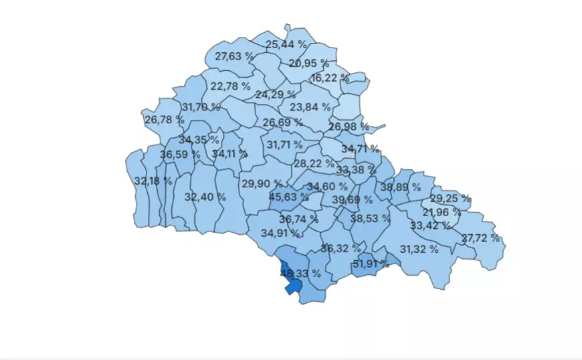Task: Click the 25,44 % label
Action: (x=286, y=45)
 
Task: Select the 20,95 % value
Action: (x=309, y=64)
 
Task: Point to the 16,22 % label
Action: (x=330, y=78)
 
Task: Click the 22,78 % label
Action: (x=230, y=86)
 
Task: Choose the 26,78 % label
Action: (x=164, y=120)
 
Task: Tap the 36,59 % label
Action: (x=180, y=155)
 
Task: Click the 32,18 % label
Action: (x=153, y=181)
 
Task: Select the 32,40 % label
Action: (x=205, y=197)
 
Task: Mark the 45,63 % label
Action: (x=289, y=197)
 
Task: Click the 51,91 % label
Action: (x=371, y=263)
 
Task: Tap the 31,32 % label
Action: (x=419, y=249)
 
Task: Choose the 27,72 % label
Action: (x=480, y=238)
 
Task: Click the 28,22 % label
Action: (x=314, y=163)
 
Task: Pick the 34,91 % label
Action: (x=280, y=233)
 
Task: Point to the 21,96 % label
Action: (x=442, y=212)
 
